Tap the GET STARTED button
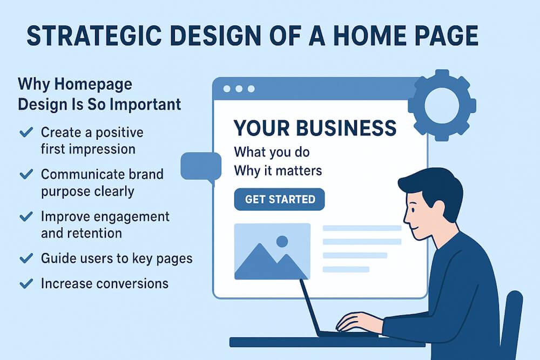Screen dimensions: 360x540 point(280,199)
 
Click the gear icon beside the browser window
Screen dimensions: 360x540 point(441,105)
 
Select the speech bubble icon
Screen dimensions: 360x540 point(200,166)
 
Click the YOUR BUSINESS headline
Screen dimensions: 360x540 point(315,128)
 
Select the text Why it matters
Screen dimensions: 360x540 point(278,171)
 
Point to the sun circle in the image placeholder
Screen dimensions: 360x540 point(281,241)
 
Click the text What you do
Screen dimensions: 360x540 point(271,152)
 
